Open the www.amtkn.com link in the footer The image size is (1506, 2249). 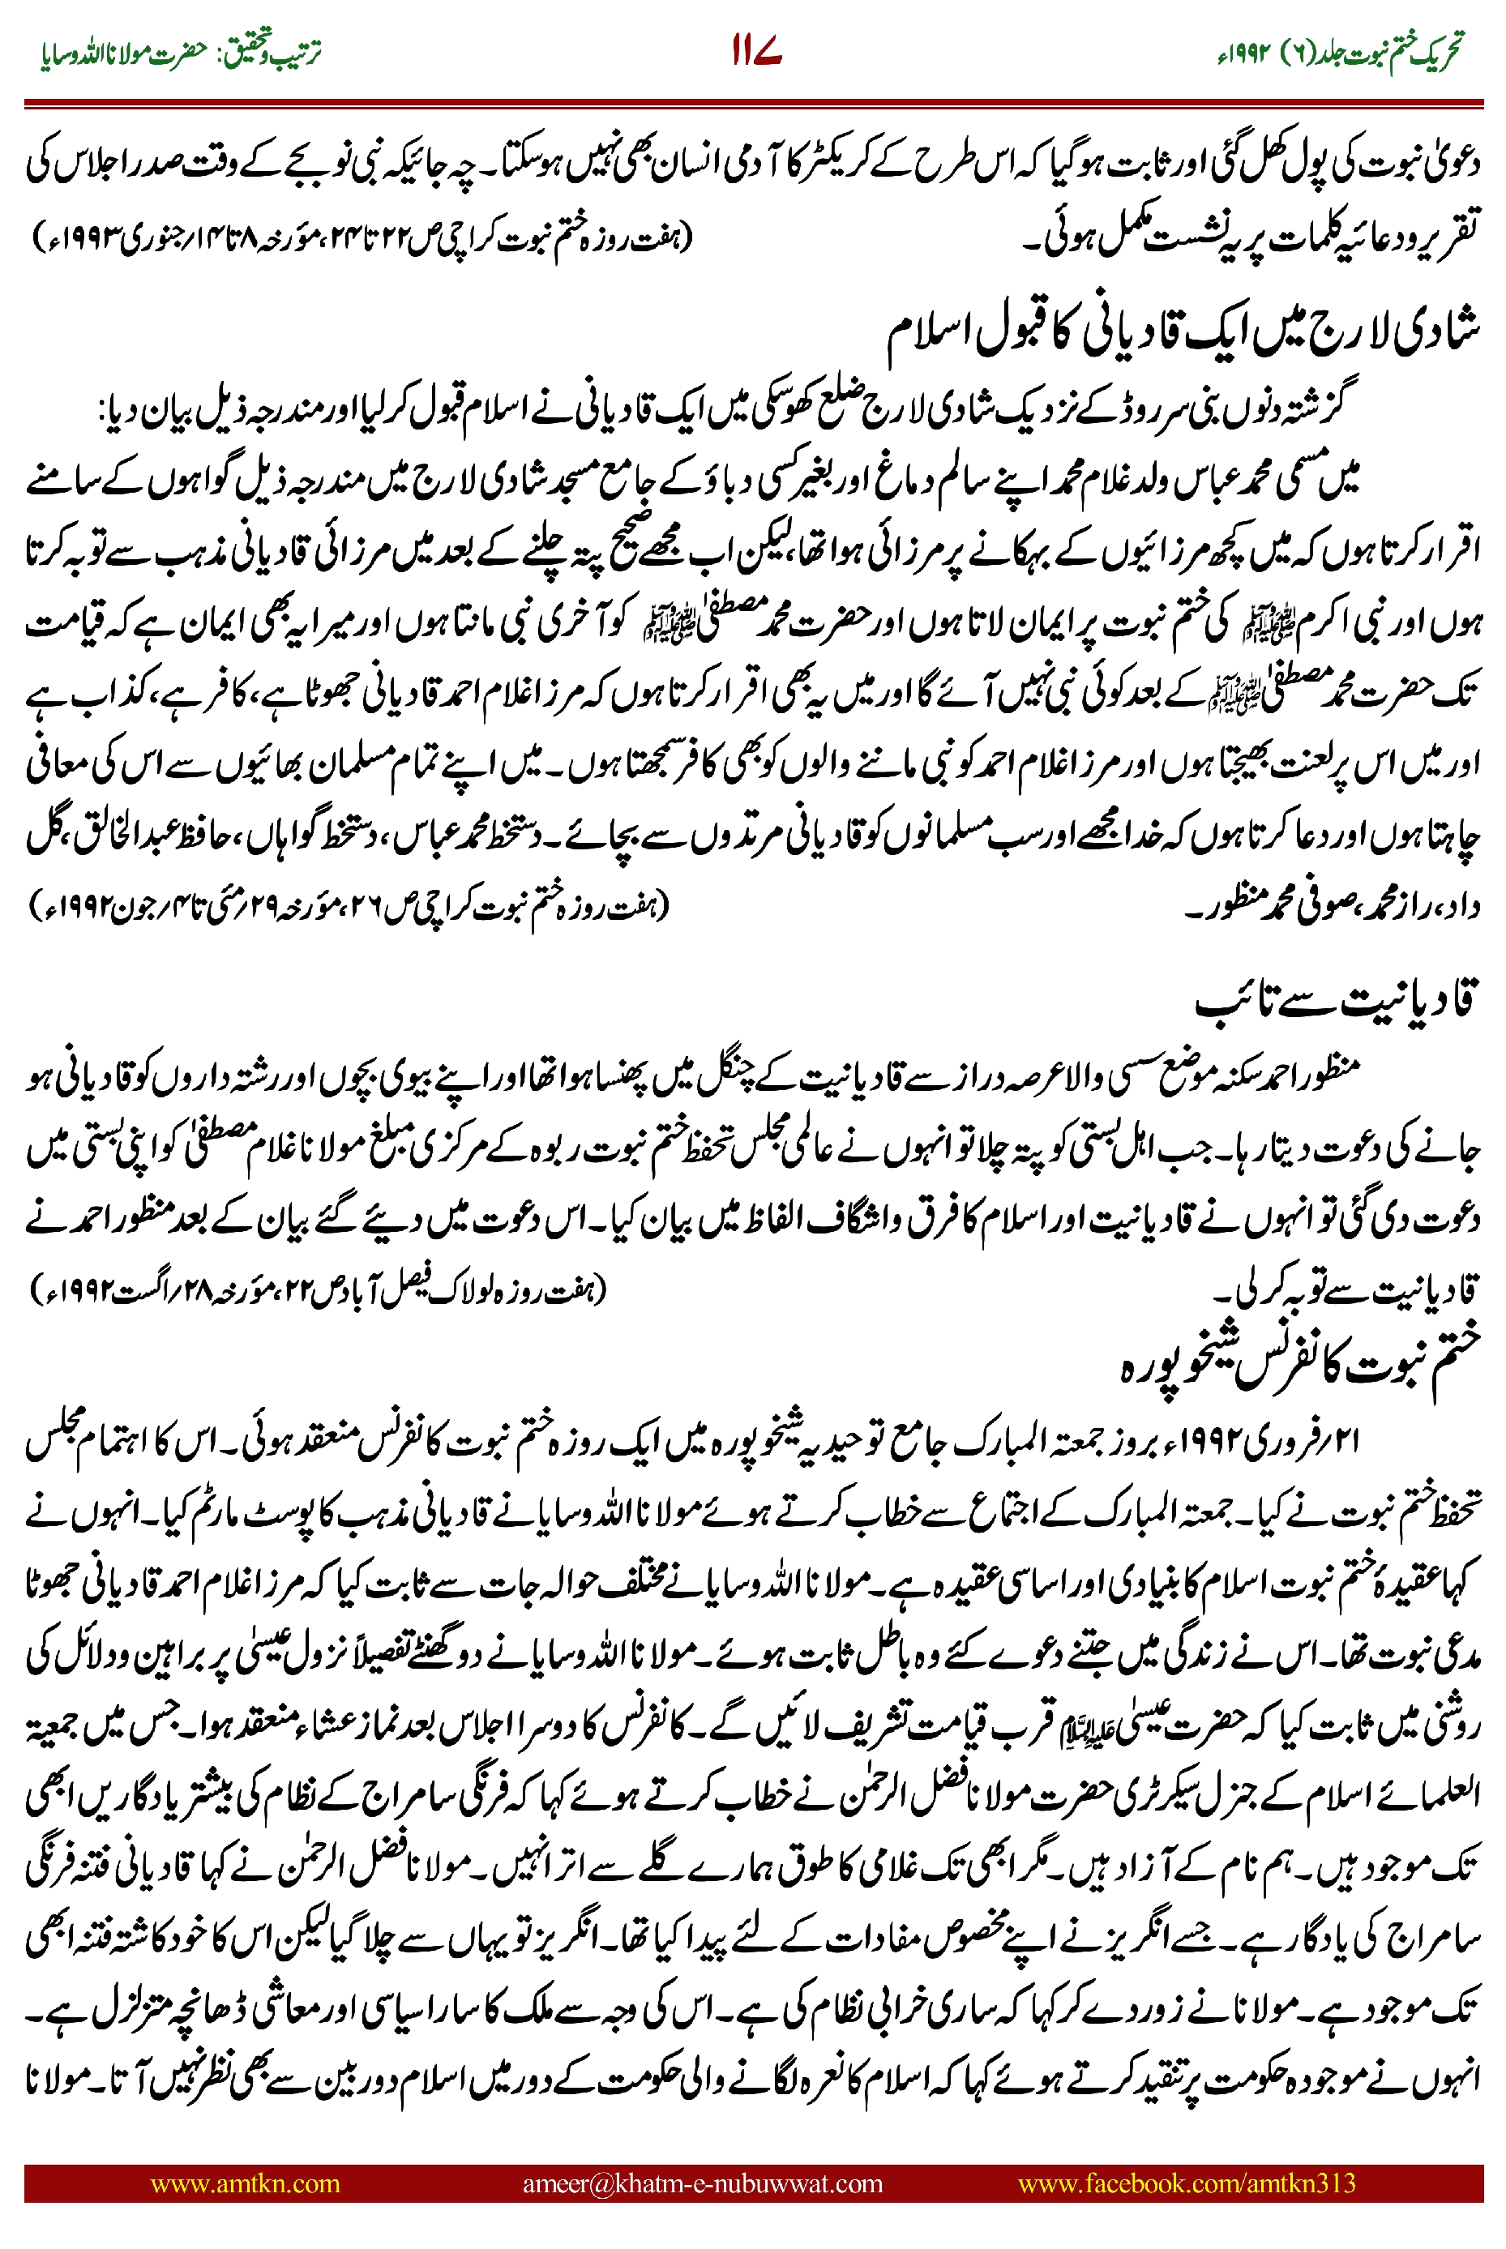click(245, 2183)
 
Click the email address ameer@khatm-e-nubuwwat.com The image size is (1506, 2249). click(702, 2183)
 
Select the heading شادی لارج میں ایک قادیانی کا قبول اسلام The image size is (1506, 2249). click(1181, 331)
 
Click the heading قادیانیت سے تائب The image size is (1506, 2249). click(1335, 1002)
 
